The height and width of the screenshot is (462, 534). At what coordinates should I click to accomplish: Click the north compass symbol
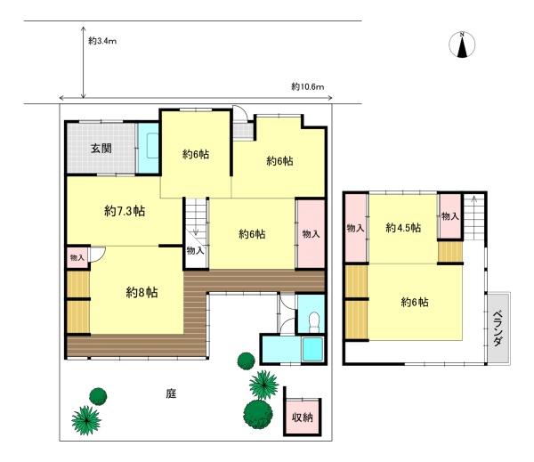462,45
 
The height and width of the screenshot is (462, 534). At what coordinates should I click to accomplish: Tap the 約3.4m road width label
102,41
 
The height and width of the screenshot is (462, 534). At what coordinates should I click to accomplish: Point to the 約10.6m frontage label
308,87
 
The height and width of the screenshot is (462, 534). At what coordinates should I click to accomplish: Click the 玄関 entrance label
101,149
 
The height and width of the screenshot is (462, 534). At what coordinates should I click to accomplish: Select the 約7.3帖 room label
125,211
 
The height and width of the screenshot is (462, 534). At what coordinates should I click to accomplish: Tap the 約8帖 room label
142,292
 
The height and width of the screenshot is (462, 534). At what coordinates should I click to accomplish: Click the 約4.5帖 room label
403,227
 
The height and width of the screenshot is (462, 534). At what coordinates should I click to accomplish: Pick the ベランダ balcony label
498,328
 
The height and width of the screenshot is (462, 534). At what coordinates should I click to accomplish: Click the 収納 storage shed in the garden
303,417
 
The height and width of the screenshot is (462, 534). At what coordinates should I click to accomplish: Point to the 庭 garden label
171,393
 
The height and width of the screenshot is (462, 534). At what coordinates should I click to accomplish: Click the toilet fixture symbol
314,321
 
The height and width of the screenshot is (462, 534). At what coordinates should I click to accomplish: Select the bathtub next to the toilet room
312,349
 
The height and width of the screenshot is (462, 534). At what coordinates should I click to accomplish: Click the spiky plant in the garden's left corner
86,420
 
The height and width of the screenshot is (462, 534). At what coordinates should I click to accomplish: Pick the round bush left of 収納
258,414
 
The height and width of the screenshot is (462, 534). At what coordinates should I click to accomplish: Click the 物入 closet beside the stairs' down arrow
195,251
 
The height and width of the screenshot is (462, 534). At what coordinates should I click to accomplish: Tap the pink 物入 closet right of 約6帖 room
311,234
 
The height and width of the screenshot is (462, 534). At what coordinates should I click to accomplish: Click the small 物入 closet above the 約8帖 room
77,257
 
